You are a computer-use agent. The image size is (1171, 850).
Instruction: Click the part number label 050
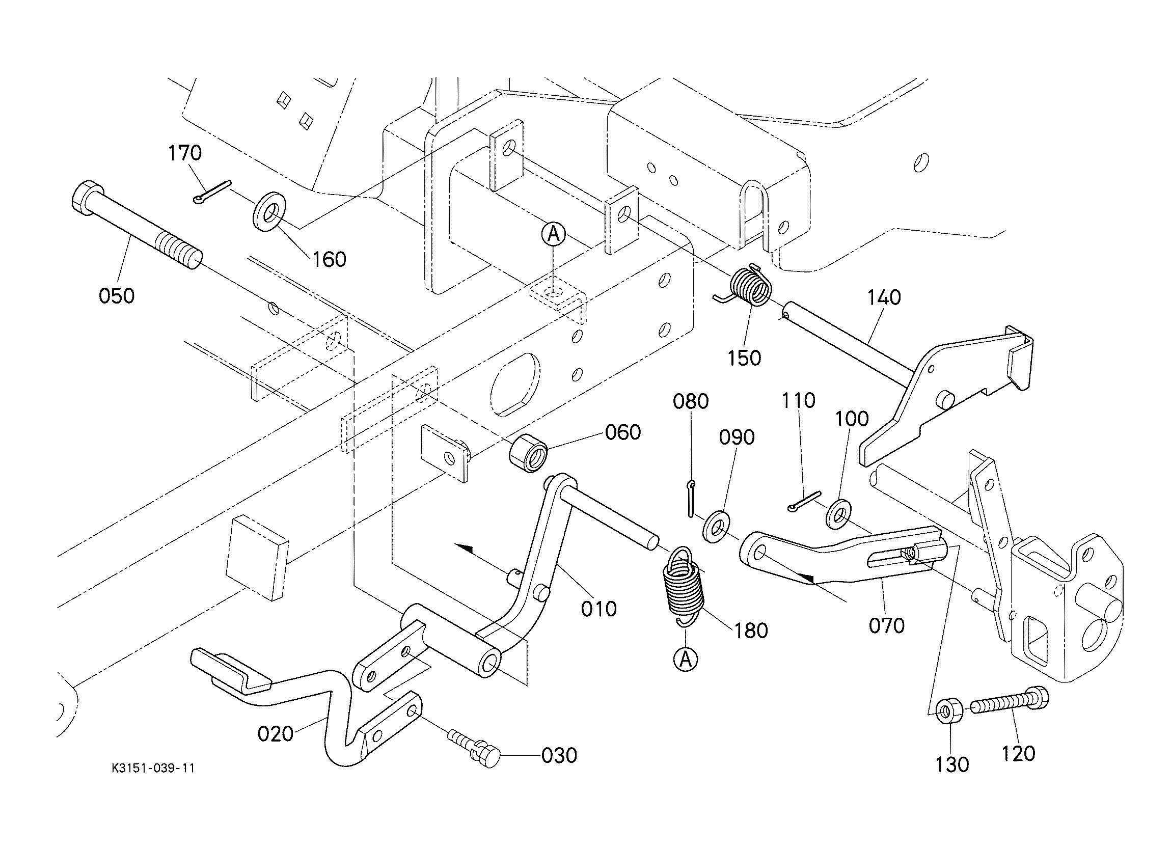click(117, 296)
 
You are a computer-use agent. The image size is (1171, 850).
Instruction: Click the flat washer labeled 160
click(267, 211)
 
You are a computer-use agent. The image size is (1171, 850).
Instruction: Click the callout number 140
click(884, 297)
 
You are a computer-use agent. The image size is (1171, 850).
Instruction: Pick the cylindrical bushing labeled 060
click(528, 453)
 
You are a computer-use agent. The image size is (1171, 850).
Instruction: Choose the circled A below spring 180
click(686, 660)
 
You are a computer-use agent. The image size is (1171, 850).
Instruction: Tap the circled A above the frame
click(554, 235)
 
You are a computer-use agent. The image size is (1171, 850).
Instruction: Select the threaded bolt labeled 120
click(1010, 701)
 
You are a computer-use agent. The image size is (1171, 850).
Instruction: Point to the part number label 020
click(276, 734)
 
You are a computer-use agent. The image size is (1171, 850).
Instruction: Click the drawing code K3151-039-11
click(153, 769)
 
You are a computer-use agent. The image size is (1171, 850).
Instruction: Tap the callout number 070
click(886, 626)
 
